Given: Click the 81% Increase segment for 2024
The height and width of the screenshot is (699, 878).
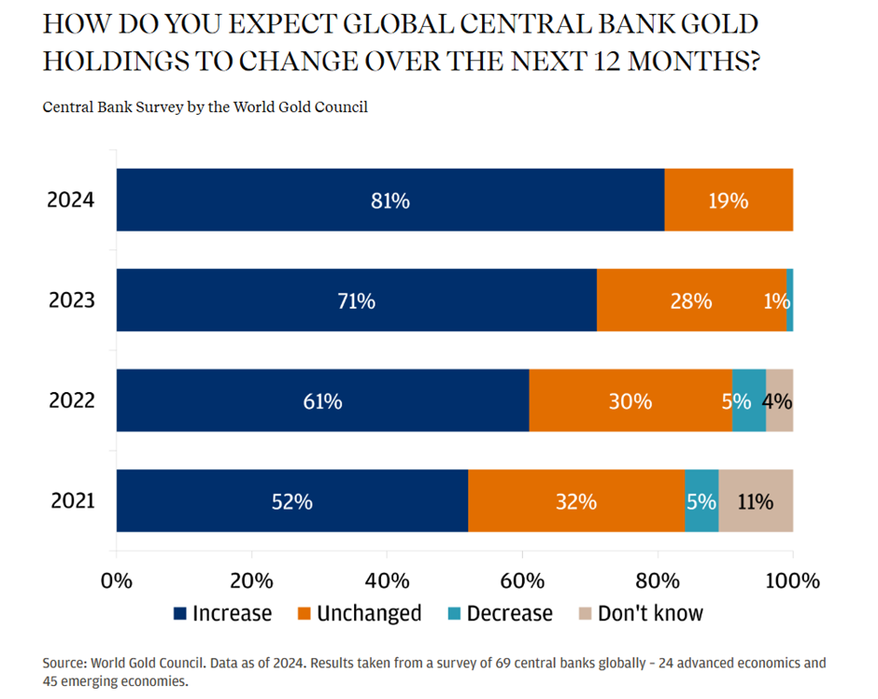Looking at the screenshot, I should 389,200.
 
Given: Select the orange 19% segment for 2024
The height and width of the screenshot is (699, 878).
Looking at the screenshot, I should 729,200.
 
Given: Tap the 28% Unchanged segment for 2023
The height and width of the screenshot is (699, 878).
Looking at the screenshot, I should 691,301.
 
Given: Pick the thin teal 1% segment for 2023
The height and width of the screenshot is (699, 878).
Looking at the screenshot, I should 789,301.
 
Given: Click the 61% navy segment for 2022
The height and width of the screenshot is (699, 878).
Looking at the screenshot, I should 322,400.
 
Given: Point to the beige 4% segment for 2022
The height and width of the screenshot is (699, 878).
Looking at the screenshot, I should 779,400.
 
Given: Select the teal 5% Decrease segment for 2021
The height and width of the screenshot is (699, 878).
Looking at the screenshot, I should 701,501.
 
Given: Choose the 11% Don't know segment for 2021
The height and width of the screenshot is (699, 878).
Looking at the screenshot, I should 756,501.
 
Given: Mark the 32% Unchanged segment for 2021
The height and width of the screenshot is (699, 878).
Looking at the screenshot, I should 576,501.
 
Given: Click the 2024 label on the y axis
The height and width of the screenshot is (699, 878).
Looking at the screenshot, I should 71,200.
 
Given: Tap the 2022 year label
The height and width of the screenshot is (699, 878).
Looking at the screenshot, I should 71,400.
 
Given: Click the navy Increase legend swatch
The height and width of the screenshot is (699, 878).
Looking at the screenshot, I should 180,614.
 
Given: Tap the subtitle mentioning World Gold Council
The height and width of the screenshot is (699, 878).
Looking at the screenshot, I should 205,107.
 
